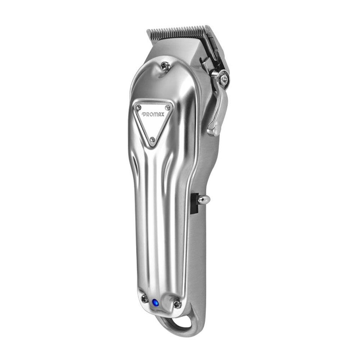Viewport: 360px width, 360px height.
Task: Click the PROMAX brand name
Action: coord(153,114)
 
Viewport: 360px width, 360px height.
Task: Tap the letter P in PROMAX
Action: coord(143,114)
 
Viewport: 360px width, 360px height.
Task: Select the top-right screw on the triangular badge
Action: coord(168,107)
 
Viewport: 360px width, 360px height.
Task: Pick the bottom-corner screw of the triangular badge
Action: coord(152,139)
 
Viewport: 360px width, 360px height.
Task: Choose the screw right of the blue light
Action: coord(177,305)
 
